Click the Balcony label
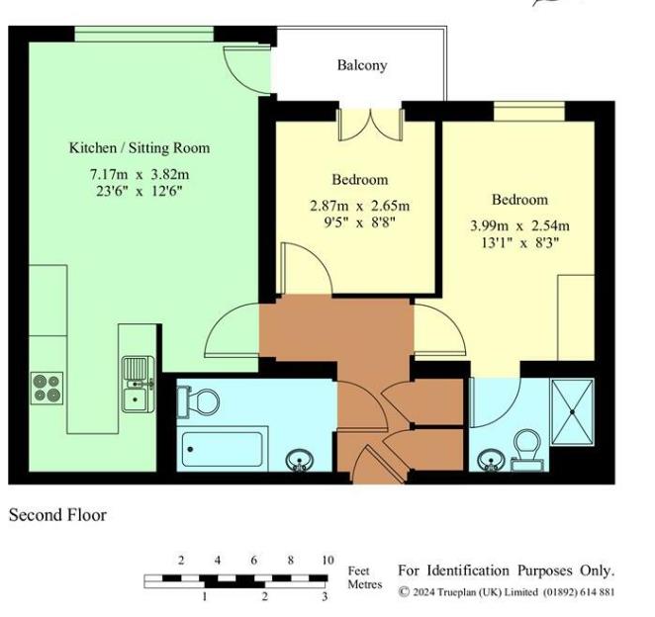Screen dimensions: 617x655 tap(361, 66)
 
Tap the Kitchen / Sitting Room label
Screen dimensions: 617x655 tap(139, 148)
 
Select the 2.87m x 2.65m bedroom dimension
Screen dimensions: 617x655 tap(359, 206)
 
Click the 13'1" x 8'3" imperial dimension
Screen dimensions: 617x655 tap(519, 242)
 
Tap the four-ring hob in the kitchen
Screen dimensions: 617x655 tap(47, 386)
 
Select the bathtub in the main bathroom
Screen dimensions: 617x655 tap(224, 450)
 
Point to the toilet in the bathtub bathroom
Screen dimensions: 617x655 tap(200, 400)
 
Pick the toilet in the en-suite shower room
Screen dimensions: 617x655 tap(526, 447)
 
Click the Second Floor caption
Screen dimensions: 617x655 tap(57, 515)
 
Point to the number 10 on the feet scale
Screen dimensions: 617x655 tap(327, 561)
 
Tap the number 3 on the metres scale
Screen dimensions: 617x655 tap(325, 597)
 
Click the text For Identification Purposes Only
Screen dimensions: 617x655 tap(506, 572)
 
